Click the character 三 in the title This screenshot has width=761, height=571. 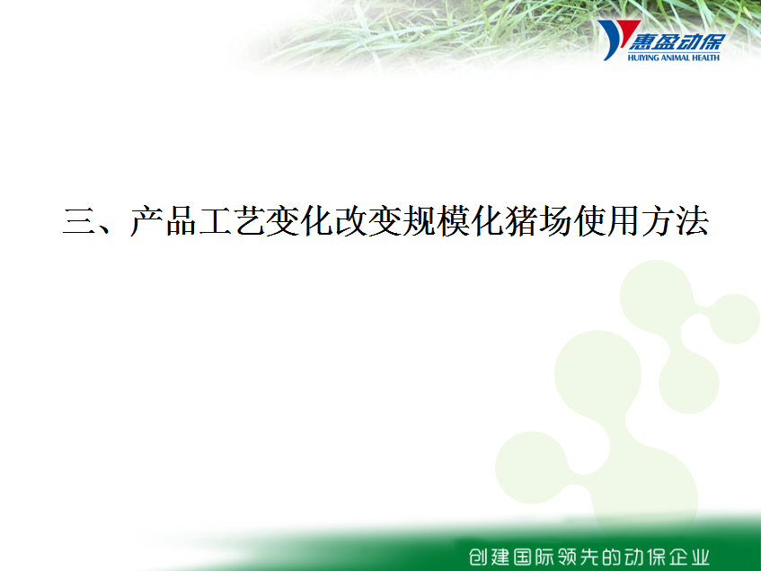[x=79, y=221]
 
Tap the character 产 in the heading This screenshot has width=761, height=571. [x=147, y=221]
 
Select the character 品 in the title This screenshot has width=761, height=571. [x=181, y=221]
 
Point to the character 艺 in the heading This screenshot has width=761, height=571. [x=250, y=221]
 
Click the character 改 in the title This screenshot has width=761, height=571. [x=351, y=221]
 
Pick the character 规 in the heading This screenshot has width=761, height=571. [x=420, y=221]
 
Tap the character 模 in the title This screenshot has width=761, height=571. [x=454, y=221]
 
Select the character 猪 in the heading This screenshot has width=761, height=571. [x=521, y=221]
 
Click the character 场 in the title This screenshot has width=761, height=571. [x=556, y=221]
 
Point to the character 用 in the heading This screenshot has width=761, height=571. [x=624, y=221]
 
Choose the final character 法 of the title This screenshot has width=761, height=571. [x=692, y=221]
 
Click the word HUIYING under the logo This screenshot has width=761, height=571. [x=643, y=58]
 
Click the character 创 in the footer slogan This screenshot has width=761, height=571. [x=479, y=557]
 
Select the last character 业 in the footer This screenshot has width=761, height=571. [x=699, y=557]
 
